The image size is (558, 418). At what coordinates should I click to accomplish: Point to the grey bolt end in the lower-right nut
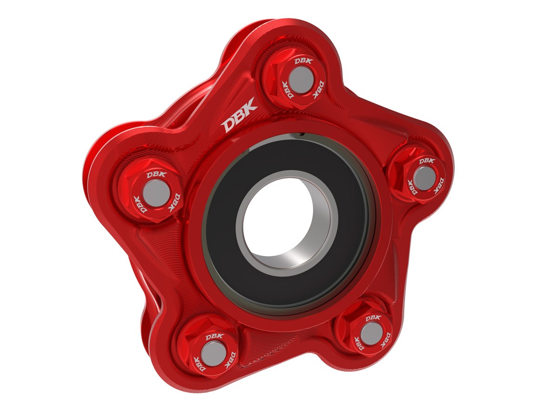point(370,333)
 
